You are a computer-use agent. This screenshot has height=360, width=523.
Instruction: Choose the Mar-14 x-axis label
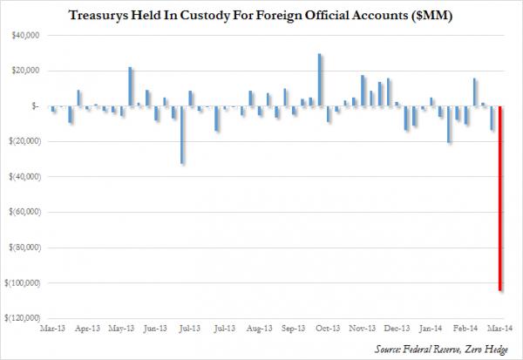pos(499,330)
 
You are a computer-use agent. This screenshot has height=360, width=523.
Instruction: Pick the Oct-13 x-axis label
pos(328,330)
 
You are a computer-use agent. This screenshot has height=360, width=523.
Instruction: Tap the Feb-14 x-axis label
pos(466,330)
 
